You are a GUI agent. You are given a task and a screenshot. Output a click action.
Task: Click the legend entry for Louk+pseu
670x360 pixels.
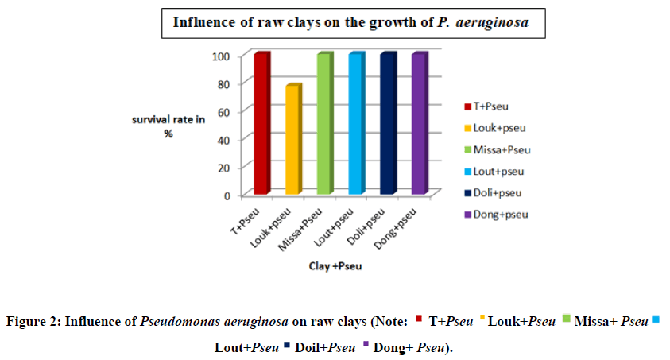click(x=502, y=128)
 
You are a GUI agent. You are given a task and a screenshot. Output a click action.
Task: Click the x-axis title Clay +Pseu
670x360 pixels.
click(x=335, y=266)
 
